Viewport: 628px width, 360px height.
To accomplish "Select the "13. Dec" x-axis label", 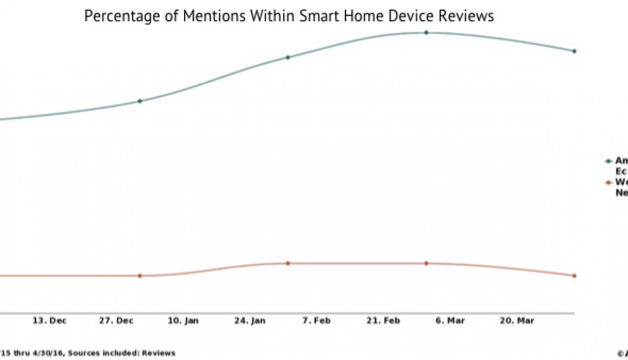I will (x=49, y=321).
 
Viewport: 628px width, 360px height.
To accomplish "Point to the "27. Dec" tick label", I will (x=116, y=321).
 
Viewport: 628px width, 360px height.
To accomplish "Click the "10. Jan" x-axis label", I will (x=183, y=321).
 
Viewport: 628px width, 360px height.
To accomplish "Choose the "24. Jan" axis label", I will (x=250, y=321).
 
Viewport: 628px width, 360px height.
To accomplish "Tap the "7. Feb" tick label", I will (x=316, y=321).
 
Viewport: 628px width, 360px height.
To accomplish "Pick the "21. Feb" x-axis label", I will (x=383, y=321).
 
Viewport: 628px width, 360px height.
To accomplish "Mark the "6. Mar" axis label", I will (x=450, y=321).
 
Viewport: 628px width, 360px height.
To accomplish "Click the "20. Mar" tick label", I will (x=516, y=321).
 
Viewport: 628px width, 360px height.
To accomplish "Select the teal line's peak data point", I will (x=426, y=32).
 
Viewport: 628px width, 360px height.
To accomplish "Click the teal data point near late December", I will (x=140, y=101).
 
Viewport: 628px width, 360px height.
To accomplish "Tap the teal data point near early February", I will (x=288, y=57).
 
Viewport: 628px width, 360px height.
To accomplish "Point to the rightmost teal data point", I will (x=574, y=51).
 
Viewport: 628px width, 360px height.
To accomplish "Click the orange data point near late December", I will (x=140, y=276).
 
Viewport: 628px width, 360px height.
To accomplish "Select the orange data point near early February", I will (x=288, y=263).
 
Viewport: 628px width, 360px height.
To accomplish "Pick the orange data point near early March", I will (x=426, y=263).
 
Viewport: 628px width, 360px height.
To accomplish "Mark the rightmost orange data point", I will (x=574, y=276).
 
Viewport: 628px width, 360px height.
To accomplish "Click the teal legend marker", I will (x=608, y=161).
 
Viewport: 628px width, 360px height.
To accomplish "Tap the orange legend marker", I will (x=608, y=184).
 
